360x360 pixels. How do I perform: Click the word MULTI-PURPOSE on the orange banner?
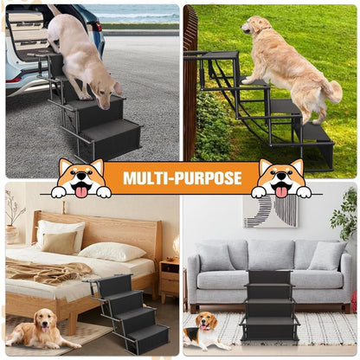pyautogui.click(x=183, y=178)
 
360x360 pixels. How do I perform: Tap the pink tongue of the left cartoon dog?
pyautogui.click(x=81, y=191)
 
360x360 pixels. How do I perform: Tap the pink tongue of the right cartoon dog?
pyautogui.click(x=281, y=192)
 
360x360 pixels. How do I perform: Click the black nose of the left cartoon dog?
pyautogui.click(x=81, y=175)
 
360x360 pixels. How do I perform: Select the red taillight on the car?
pyautogui.click(x=98, y=27)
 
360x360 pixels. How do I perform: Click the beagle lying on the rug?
pyautogui.click(x=202, y=331)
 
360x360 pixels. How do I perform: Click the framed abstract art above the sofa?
pyautogui.click(x=270, y=211)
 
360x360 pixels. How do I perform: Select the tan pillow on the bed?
pyautogui.click(x=60, y=242)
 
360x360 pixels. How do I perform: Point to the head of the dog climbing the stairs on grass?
pyautogui.click(x=254, y=25)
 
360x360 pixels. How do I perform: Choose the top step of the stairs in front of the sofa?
pyautogui.click(x=269, y=277)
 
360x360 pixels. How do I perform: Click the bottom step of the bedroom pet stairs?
pyautogui.click(x=148, y=338)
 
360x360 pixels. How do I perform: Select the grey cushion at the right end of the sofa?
pyautogui.click(x=328, y=255)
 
